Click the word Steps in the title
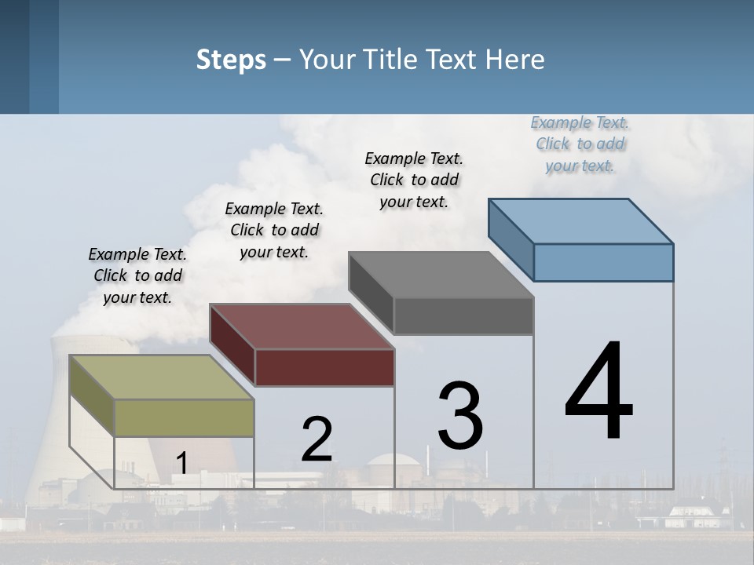pos(230,60)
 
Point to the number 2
pos(317,439)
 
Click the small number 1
pos(181,463)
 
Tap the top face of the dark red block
pos(302,326)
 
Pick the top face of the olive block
pos(161,377)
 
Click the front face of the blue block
pos(603,262)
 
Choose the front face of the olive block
pos(184,417)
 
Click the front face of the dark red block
pos(324,367)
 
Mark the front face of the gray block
pos(463,315)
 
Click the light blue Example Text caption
pos(580,144)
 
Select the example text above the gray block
pos(414,180)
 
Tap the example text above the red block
pos(274,230)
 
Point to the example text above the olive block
pos(137,275)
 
